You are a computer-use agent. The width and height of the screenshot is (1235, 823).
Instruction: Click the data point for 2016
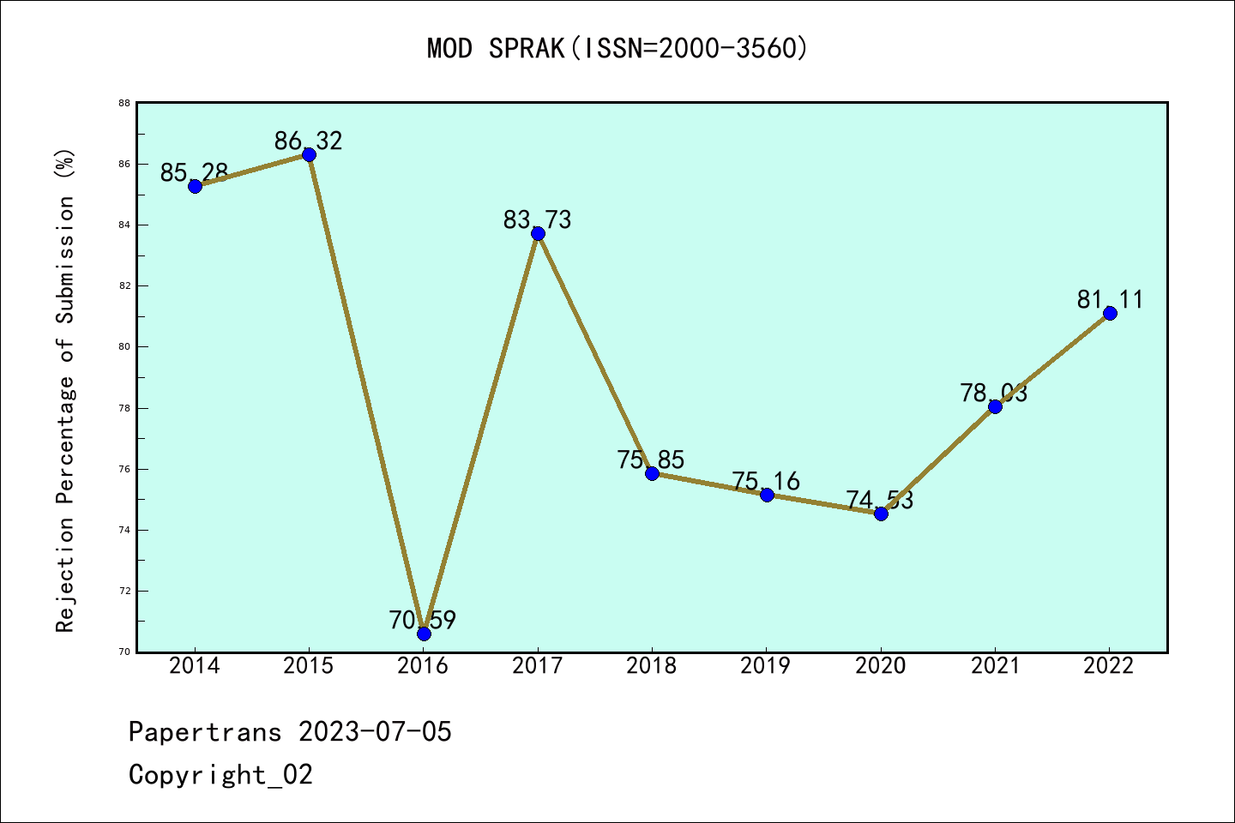click(424, 634)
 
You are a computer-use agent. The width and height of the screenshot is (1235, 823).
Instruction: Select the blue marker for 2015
click(309, 154)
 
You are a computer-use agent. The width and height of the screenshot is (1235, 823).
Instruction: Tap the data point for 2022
click(1110, 313)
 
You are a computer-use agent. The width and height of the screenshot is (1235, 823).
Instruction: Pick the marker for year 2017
click(538, 233)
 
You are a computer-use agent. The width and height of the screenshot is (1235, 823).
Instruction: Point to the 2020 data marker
click(881, 514)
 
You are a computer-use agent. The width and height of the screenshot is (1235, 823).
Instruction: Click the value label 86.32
click(309, 141)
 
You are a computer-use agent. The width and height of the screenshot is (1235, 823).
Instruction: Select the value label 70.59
click(423, 620)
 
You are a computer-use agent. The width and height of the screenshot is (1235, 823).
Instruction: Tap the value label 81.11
click(1110, 299)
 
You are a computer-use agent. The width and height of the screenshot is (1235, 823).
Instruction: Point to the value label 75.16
click(766, 481)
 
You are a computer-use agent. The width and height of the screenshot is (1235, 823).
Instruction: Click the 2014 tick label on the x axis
click(195, 666)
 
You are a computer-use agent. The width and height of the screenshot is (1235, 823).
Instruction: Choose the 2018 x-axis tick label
click(652, 666)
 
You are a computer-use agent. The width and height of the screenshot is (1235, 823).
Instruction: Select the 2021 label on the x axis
click(995, 666)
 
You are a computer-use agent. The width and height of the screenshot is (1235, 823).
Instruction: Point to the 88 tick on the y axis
click(124, 103)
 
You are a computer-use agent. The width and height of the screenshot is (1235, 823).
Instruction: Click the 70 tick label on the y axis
click(124, 652)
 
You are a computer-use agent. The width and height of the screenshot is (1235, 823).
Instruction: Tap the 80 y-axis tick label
click(124, 346)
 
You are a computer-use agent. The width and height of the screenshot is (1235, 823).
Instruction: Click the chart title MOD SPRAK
click(617, 48)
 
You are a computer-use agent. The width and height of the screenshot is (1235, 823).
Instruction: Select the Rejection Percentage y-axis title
click(65, 391)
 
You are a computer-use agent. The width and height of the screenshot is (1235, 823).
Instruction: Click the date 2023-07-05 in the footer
click(375, 732)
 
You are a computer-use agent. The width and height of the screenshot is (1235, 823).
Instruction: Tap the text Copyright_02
click(221, 775)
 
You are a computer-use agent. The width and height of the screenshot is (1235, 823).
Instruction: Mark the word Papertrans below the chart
click(205, 732)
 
